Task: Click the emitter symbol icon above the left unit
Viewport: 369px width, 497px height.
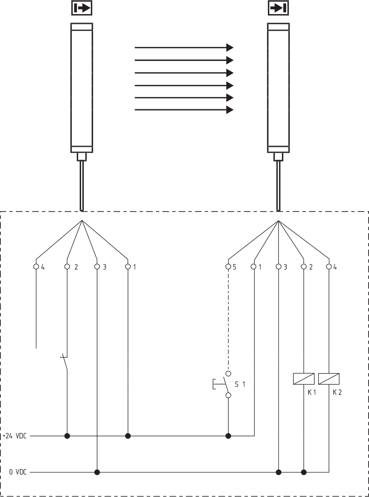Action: pyautogui.click(x=82, y=8)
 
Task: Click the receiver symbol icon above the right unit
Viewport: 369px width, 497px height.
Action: pyautogui.click(x=278, y=8)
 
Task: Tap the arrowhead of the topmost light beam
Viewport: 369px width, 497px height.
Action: pyautogui.click(x=230, y=47)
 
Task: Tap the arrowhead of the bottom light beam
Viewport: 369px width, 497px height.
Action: pyautogui.click(x=230, y=110)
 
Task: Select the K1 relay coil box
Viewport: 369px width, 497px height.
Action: pyautogui.click(x=304, y=379)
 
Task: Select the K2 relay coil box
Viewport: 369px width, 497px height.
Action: pyautogui.click(x=329, y=379)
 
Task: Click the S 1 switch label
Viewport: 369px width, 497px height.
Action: pyautogui.click(x=240, y=384)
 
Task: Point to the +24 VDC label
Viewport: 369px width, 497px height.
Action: pyautogui.click(x=15, y=436)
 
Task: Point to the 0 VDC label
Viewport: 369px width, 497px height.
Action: pyautogui.click(x=18, y=472)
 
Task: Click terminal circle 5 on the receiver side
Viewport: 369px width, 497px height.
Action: pyautogui.click(x=228, y=267)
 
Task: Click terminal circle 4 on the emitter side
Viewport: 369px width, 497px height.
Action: pyautogui.click(x=36, y=267)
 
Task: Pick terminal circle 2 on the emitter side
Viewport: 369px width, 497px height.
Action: pyautogui.click(x=67, y=267)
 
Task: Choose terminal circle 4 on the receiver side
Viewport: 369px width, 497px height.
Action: pyautogui.click(x=329, y=267)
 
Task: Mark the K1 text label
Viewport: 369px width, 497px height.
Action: pyautogui.click(x=312, y=392)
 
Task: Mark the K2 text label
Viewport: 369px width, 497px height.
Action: pyautogui.click(x=337, y=392)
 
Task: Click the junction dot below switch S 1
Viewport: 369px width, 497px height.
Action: pyautogui.click(x=228, y=436)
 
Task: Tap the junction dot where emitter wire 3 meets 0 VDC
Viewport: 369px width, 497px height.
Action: pyautogui.click(x=97, y=472)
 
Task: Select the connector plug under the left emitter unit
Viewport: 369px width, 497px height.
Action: pyautogui.click(x=82, y=157)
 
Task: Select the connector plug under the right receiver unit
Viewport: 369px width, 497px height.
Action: pyautogui.click(x=278, y=157)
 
